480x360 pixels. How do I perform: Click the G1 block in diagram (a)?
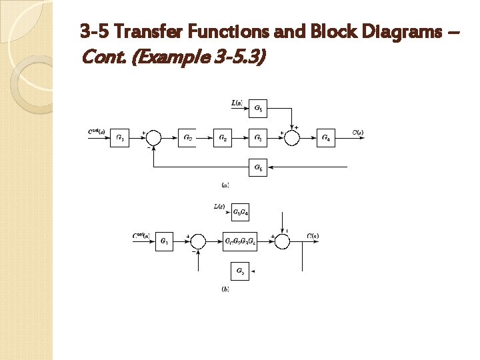tap(119, 139)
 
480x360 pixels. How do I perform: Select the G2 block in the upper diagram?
tap(223, 139)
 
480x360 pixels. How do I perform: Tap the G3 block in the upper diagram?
tap(259, 139)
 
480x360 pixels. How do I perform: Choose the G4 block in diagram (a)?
tap(326, 139)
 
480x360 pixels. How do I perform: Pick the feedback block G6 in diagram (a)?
tap(259, 169)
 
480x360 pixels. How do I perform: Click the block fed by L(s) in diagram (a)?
tap(259, 107)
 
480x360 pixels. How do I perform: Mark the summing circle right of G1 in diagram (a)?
tap(153, 139)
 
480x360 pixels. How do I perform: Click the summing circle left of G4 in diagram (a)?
tap(292, 139)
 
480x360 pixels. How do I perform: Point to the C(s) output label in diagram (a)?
tap(358, 133)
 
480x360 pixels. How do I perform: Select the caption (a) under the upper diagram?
tap(225, 185)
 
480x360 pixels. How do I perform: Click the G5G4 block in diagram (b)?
tap(240, 212)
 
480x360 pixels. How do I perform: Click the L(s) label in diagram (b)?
tap(219, 207)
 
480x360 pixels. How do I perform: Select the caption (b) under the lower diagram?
tap(225, 288)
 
